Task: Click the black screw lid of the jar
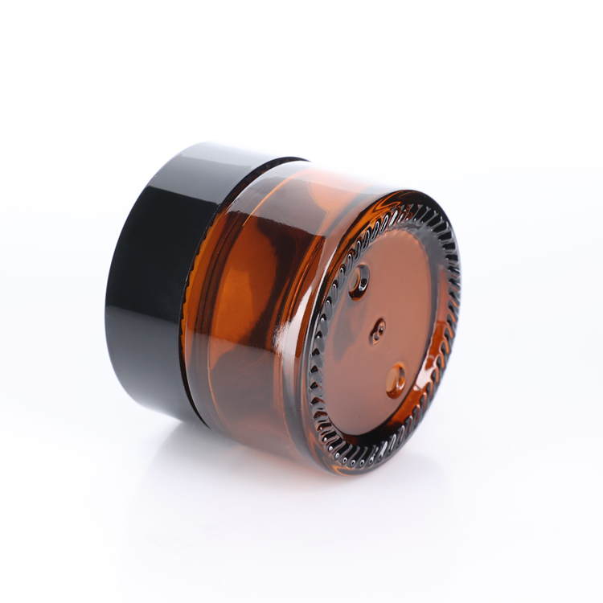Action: point(153,273)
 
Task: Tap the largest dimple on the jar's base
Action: point(359,281)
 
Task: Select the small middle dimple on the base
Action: point(377,330)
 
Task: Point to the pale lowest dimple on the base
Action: point(396,379)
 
